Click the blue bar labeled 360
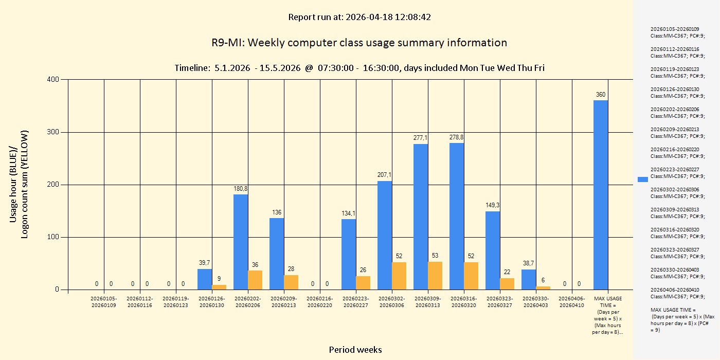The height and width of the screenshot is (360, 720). tap(600, 195)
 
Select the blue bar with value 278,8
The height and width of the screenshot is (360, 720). tap(457, 216)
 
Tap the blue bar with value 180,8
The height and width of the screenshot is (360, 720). tap(241, 242)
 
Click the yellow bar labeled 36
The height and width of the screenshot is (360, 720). tap(255, 280)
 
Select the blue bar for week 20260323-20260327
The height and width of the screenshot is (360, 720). tap(493, 250)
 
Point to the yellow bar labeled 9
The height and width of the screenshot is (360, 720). tap(219, 287)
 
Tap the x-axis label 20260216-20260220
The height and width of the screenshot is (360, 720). tap(320, 302)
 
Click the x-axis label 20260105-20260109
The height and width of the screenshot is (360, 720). tap(104, 302)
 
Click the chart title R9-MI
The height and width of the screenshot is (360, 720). tap(359, 43)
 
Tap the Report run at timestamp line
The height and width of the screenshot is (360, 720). tap(359, 17)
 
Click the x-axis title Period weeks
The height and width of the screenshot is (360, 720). tap(355, 350)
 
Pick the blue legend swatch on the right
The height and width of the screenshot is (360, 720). tap(643, 179)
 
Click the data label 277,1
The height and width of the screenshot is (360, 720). tap(421, 138)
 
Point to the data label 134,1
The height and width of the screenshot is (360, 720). tap(349, 213)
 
